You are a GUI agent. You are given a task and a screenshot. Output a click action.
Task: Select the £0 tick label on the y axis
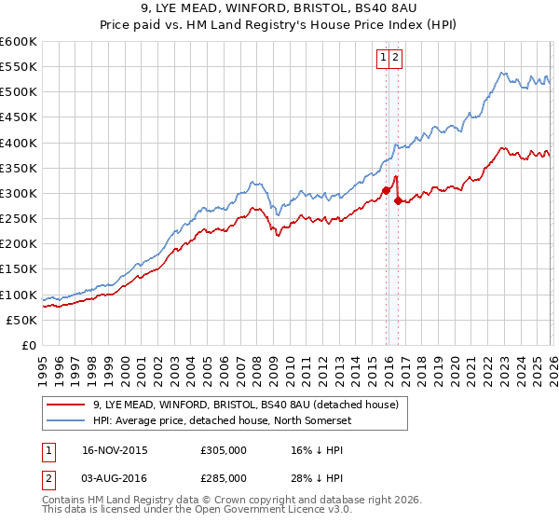point(30,345)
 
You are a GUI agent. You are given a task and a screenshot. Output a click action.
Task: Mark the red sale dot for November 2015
point(386,191)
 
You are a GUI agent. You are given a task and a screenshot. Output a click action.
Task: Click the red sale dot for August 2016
point(398,200)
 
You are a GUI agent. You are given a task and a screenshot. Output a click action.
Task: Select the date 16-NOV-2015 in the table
point(108,449)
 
